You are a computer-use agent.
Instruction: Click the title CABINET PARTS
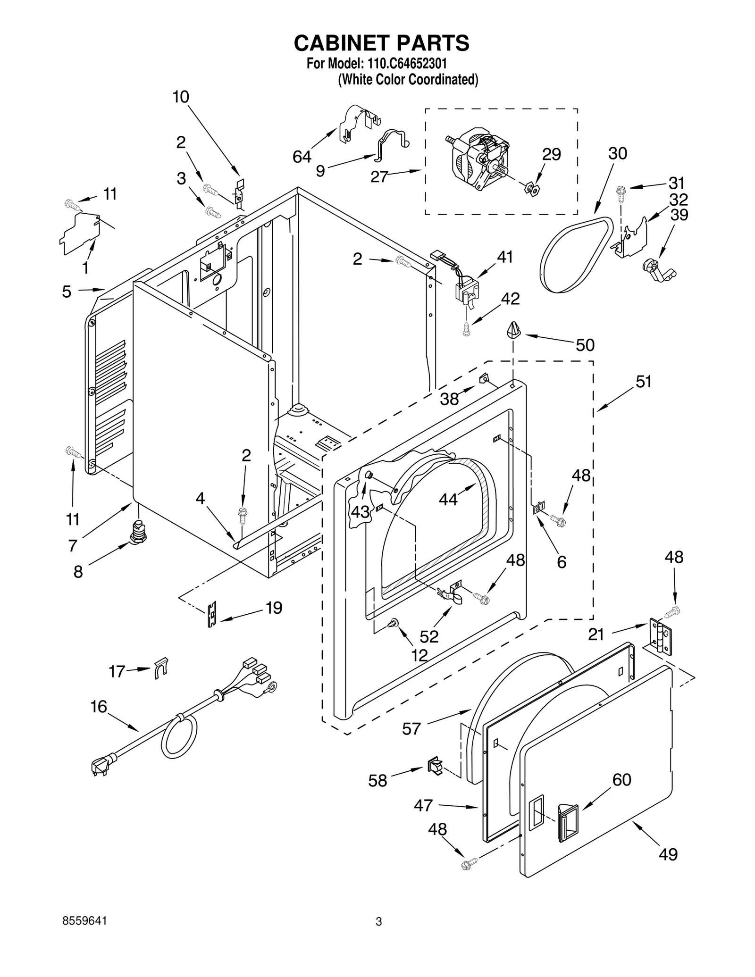point(381,43)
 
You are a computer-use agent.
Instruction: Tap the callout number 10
point(181,97)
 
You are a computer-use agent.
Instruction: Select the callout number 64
point(302,157)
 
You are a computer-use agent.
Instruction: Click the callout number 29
point(551,154)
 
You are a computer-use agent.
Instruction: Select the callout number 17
point(117,671)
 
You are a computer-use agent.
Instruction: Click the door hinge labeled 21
point(660,636)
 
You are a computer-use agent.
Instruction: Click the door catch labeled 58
point(435,766)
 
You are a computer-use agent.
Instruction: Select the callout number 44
point(448,499)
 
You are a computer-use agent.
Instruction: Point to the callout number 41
point(505,257)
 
